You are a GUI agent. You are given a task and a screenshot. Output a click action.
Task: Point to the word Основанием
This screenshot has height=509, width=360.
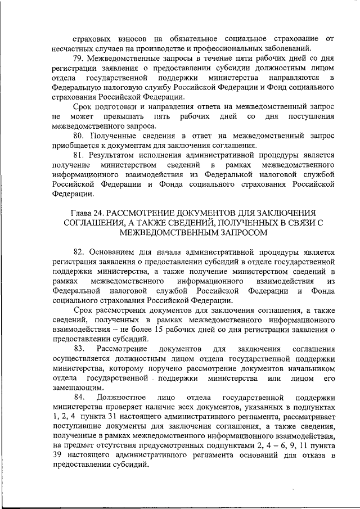pos(115,252)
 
